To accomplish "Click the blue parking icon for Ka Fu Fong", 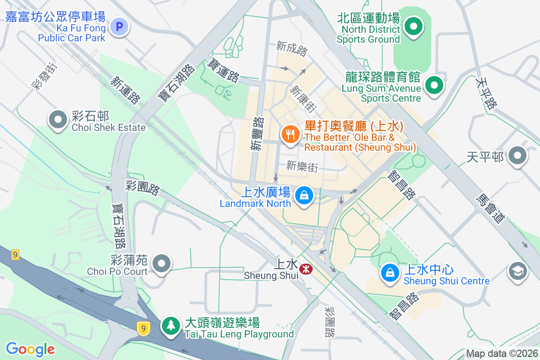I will (x=119, y=27).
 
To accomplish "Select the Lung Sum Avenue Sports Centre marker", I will (x=434, y=85).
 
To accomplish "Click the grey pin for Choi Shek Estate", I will (x=58, y=120).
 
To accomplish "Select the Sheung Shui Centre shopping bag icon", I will (x=390, y=273).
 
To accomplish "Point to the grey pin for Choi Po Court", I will (x=161, y=263).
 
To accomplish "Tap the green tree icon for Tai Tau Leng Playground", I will (x=171, y=324).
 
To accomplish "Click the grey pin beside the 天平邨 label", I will (x=517, y=156).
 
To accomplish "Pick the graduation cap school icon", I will (x=517, y=271).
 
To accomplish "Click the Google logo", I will (x=31, y=349).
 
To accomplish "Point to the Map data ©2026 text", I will (x=501, y=354).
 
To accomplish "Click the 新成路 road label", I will (x=292, y=48).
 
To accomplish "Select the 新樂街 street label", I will (x=302, y=166).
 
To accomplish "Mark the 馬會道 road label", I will (x=490, y=207).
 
